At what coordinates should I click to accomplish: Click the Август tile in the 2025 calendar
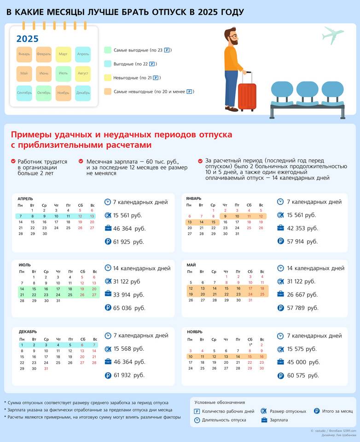point(83,74)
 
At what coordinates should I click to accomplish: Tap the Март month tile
point(63,54)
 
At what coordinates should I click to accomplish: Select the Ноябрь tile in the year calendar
point(63,93)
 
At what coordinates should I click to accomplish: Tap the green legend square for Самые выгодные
point(108,50)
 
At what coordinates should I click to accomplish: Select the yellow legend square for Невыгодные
point(108,78)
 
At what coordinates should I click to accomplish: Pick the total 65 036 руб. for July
point(129,308)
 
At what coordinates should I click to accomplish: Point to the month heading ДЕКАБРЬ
point(28,331)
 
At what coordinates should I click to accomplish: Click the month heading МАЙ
point(191,265)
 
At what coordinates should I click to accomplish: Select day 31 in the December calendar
point(46,369)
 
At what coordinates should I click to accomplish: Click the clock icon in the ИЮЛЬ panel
point(108,268)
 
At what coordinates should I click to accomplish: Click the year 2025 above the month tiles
point(28,39)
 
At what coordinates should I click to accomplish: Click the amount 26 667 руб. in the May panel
point(302,295)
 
